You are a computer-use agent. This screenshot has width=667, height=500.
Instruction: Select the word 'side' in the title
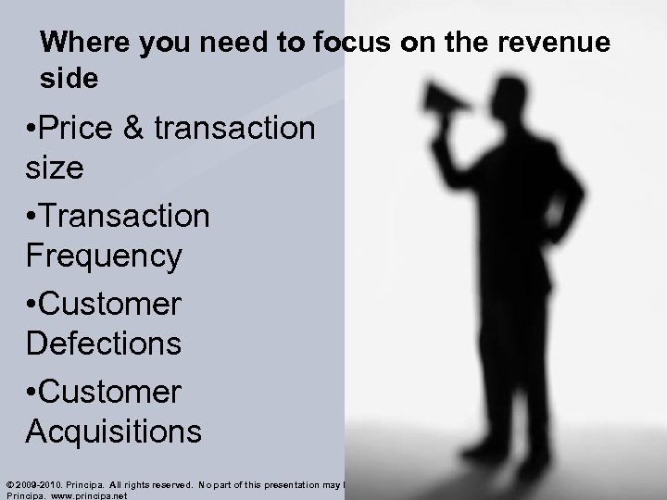69,80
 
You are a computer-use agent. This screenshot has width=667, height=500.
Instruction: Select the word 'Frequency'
104,256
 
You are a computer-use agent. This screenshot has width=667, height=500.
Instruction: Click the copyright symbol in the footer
9,483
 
